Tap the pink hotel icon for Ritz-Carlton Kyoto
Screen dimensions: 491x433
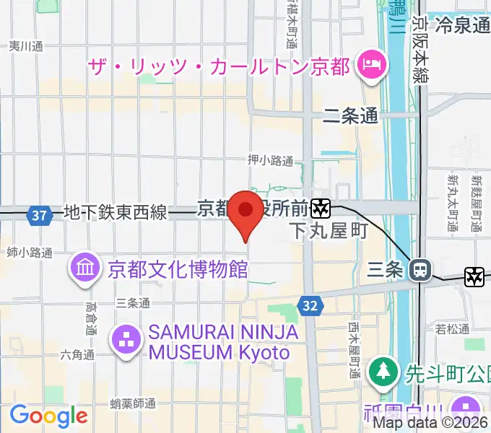tap(368, 66)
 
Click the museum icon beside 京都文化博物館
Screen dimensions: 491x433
tap(84, 269)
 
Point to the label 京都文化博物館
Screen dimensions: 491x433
tap(178, 270)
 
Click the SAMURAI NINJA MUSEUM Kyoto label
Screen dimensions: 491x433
tap(219, 343)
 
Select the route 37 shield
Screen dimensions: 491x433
tap(40, 214)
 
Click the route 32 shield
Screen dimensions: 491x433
tap(310, 306)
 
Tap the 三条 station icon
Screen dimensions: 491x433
tap(419, 271)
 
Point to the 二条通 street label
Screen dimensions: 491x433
tap(351, 115)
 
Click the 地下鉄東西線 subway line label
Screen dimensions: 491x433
tap(116, 213)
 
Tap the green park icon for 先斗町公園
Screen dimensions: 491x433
tap(380, 373)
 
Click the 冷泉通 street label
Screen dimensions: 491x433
tap(463, 26)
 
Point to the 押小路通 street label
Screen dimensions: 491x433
tap(270, 160)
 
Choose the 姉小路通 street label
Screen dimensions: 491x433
tap(30, 253)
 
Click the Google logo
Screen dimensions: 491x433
tap(48, 416)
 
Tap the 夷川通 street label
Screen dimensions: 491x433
tap(26, 46)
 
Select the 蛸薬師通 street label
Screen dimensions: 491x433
tap(134, 402)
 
